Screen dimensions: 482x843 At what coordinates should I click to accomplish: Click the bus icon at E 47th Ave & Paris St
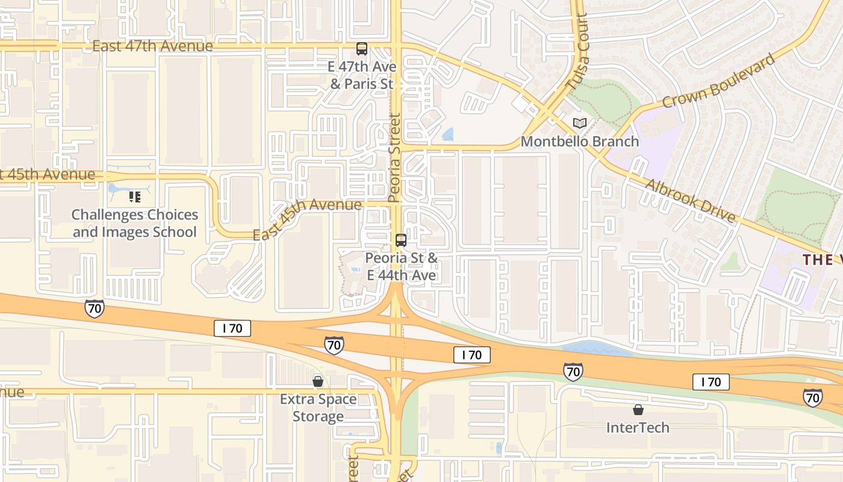pos(361,49)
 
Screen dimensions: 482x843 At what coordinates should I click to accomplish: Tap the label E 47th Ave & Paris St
pos(361,75)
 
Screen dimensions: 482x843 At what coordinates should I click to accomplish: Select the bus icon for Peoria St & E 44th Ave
pos(400,240)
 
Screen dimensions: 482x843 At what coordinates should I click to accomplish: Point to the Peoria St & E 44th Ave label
pos(401,266)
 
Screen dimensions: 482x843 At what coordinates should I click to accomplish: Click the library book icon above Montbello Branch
pos(579,124)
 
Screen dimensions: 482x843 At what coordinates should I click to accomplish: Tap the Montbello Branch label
pos(579,142)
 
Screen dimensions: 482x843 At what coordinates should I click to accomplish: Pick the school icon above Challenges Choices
pos(135,196)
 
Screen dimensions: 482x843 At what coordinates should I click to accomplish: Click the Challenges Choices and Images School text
pos(134,223)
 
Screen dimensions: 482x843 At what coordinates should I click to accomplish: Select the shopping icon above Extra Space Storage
pos(318,381)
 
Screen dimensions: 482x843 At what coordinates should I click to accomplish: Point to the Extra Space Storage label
pos(318,408)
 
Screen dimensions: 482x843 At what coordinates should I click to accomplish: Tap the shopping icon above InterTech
pos(638,410)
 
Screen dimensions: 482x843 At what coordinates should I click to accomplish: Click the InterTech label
pos(638,428)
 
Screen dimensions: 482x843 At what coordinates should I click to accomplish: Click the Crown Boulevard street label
pos(718,81)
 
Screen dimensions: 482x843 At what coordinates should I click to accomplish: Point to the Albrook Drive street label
pos(690,201)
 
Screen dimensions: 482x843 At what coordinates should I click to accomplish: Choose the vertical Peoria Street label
pos(394,158)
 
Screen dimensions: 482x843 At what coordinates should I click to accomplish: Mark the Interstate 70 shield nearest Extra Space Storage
pos(334,345)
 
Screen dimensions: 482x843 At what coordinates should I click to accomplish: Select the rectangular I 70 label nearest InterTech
pos(711,381)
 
